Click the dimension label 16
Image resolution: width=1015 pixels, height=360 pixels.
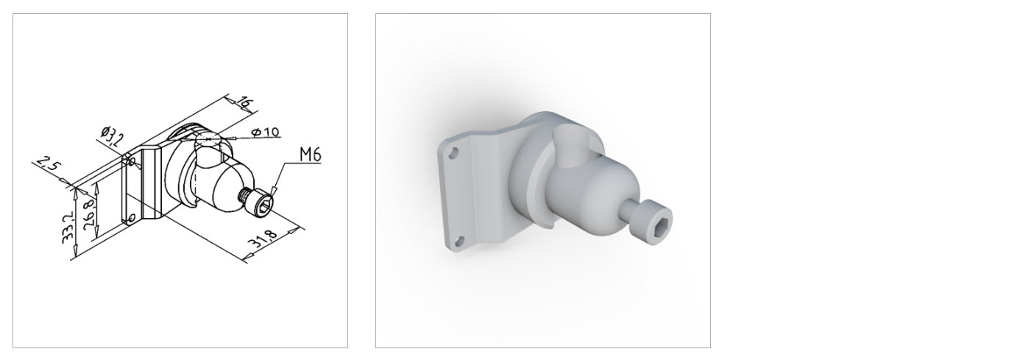tap(244, 102)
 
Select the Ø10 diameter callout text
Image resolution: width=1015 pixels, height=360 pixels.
tap(266, 132)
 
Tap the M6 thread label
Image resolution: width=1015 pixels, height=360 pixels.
tap(311, 155)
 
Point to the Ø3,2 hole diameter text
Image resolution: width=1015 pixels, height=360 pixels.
tap(111, 136)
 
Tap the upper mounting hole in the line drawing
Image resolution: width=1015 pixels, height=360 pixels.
tap(132, 161)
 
